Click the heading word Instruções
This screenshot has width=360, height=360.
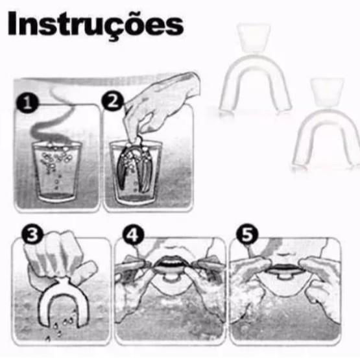tap(96, 25)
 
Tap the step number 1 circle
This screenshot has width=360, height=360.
tap(27, 103)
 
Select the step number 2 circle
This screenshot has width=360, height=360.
tap(113, 101)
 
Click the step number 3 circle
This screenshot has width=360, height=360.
tap(32, 235)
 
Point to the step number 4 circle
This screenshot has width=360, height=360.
tap(133, 235)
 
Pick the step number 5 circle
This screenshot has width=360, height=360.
tap(247, 235)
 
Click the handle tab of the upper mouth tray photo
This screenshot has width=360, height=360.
tap(254, 38)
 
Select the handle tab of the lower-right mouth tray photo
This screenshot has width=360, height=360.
tap(327, 92)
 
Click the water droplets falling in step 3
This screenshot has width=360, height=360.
tap(62, 326)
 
